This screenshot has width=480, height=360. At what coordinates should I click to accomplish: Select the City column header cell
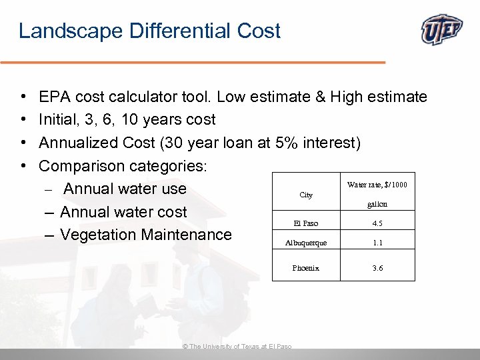pyautogui.click(x=306, y=195)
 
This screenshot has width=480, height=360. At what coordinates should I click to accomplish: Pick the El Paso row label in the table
pyautogui.click(x=306, y=223)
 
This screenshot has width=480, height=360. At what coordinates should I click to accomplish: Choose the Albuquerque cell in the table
pyautogui.click(x=306, y=243)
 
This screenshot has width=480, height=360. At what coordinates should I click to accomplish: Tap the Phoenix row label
pyautogui.click(x=306, y=268)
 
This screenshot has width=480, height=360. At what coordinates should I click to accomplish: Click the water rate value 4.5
pyautogui.click(x=377, y=223)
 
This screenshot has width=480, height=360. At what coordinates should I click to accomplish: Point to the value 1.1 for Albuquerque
pyautogui.click(x=377, y=243)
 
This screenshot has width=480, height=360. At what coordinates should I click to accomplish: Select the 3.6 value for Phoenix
pyautogui.click(x=377, y=268)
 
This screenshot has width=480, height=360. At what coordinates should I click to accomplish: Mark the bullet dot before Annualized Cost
pyautogui.click(x=23, y=143)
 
